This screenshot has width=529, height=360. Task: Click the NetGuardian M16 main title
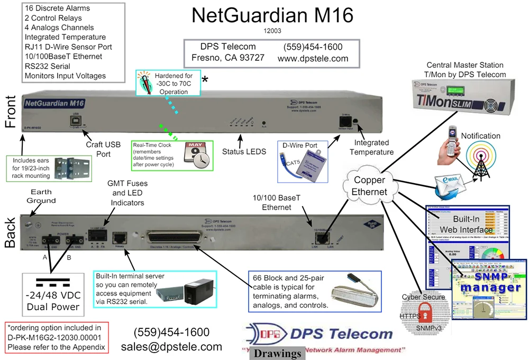point(272,15)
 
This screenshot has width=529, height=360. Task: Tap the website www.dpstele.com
point(313,59)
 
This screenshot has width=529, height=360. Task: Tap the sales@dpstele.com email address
point(171,347)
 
